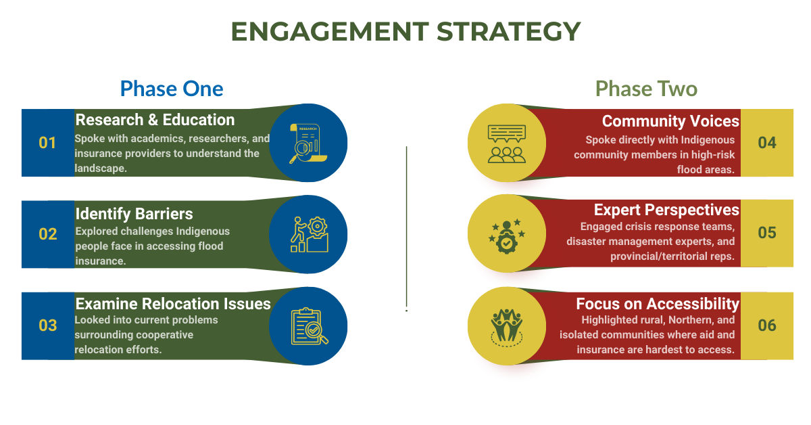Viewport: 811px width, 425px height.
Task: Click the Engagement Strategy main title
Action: click(405, 32)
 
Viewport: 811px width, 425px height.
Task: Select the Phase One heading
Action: click(172, 89)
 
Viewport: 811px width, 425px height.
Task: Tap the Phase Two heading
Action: click(646, 89)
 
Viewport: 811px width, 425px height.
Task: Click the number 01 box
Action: click(47, 143)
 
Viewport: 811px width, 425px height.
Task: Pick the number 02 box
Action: click(47, 234)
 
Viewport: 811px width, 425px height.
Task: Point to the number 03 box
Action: click(47, 326)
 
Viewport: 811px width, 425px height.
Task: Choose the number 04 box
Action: click(767, 143)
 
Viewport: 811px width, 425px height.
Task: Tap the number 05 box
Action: click(767, 233)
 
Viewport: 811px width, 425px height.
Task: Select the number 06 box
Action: click(767, 326)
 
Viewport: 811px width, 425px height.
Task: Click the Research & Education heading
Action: click(155, 120)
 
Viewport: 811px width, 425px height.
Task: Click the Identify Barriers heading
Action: click(134, 214)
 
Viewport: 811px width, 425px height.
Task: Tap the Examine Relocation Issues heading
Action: click(173, 304)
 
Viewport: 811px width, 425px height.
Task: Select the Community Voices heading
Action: click(670, 121)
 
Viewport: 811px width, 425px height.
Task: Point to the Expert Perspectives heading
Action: click(666, 210)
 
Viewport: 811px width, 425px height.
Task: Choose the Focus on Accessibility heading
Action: click(658, 304)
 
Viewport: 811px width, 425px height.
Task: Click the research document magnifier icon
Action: click(308, 143)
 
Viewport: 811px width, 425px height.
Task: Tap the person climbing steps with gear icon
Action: click(308, 234)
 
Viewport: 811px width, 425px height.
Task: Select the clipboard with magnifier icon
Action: click(308, 326)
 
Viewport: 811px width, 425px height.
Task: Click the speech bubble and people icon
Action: click(506, 143)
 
